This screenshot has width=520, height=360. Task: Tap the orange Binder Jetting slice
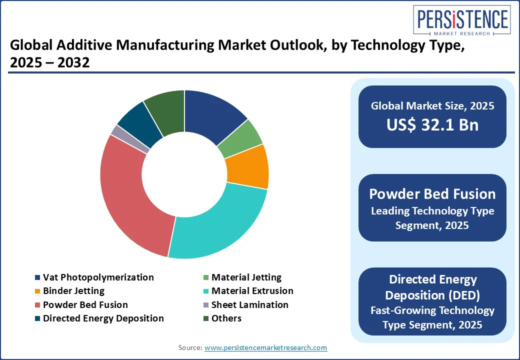point(247,166)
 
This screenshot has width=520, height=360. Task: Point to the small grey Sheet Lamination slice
point(117,131)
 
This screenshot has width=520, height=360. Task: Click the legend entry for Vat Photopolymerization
point(98,277)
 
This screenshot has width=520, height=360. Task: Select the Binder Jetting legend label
point(73,290)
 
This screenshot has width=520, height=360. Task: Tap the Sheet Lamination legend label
point(249,304)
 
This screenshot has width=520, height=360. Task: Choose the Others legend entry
point(226,318)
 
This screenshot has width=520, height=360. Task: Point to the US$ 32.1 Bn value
point(432,124)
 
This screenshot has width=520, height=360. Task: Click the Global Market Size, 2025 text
point(432,105)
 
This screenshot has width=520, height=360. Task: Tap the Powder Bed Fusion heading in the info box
point(432,194)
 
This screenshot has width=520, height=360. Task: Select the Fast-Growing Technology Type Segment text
point(432,317)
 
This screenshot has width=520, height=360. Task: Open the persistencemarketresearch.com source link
point(265,347)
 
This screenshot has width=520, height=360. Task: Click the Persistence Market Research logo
point(462,21)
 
